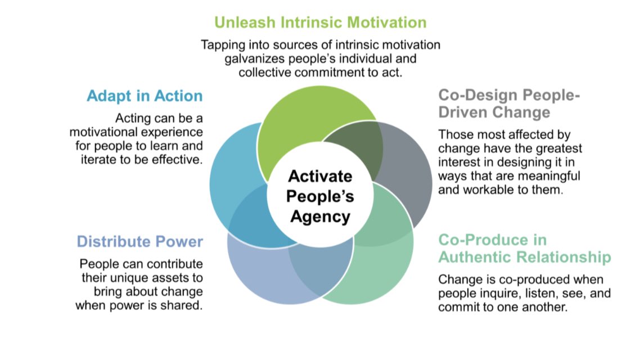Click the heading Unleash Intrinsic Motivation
pyautogui.click(x=320, y=23)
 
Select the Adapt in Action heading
pyautogui.click(x=145, y=96)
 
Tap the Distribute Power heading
pyautogui.click(x=139, y=242)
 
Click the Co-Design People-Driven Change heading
pyautogui.click(x=508, y=103)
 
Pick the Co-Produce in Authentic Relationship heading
pyautogui.click(x=524, y=249)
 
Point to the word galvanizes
pyautogui.click(x=260, y=58)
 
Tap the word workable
pyautogui.click(x=494, y=190)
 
